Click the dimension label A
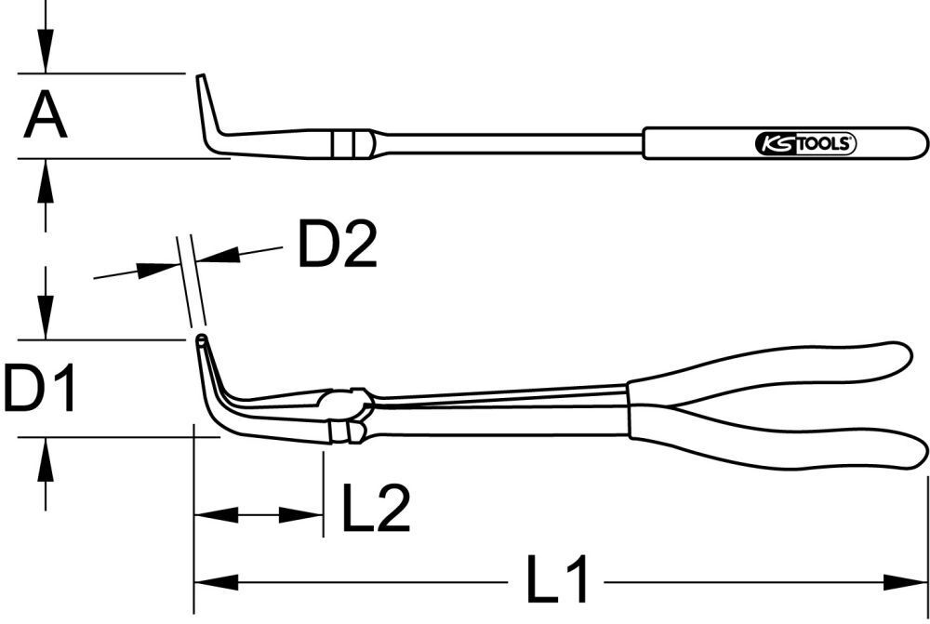click(x=45, y=116)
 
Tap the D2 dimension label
click(x=337, y=244)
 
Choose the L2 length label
click(x=377, y=508)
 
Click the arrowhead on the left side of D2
click(x=158, y=269)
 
